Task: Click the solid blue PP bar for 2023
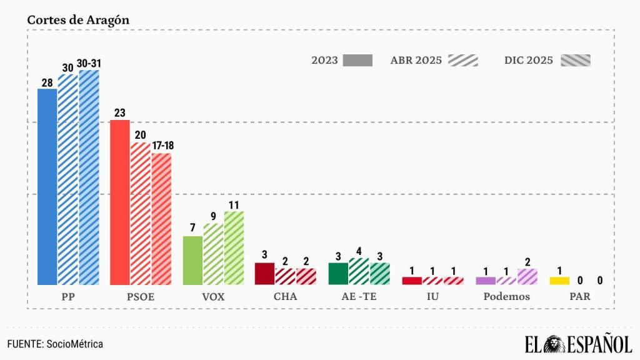(x=47, y=186)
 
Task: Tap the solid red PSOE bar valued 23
(x=119, y=202)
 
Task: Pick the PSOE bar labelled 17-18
(x=161, y=219)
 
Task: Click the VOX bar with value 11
(x=234, y=247)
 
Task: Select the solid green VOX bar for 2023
(x=192, y=260)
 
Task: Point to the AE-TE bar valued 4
(x=359, y=271)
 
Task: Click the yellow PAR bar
(x=559, y=281)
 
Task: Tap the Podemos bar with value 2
(x=527, y=276)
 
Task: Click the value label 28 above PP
(x=47, y=82)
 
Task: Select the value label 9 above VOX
(x=213, y=217)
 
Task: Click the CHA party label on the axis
(x=286, y=297)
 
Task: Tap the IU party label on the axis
(x=432, y=297)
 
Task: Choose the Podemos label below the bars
(x=506, y=297)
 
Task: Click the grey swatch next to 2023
(x=357, y=61)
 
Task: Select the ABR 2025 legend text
(x=416, y=61)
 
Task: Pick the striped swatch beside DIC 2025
(x=576, y=61)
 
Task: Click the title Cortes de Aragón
(x=78, y=19)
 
